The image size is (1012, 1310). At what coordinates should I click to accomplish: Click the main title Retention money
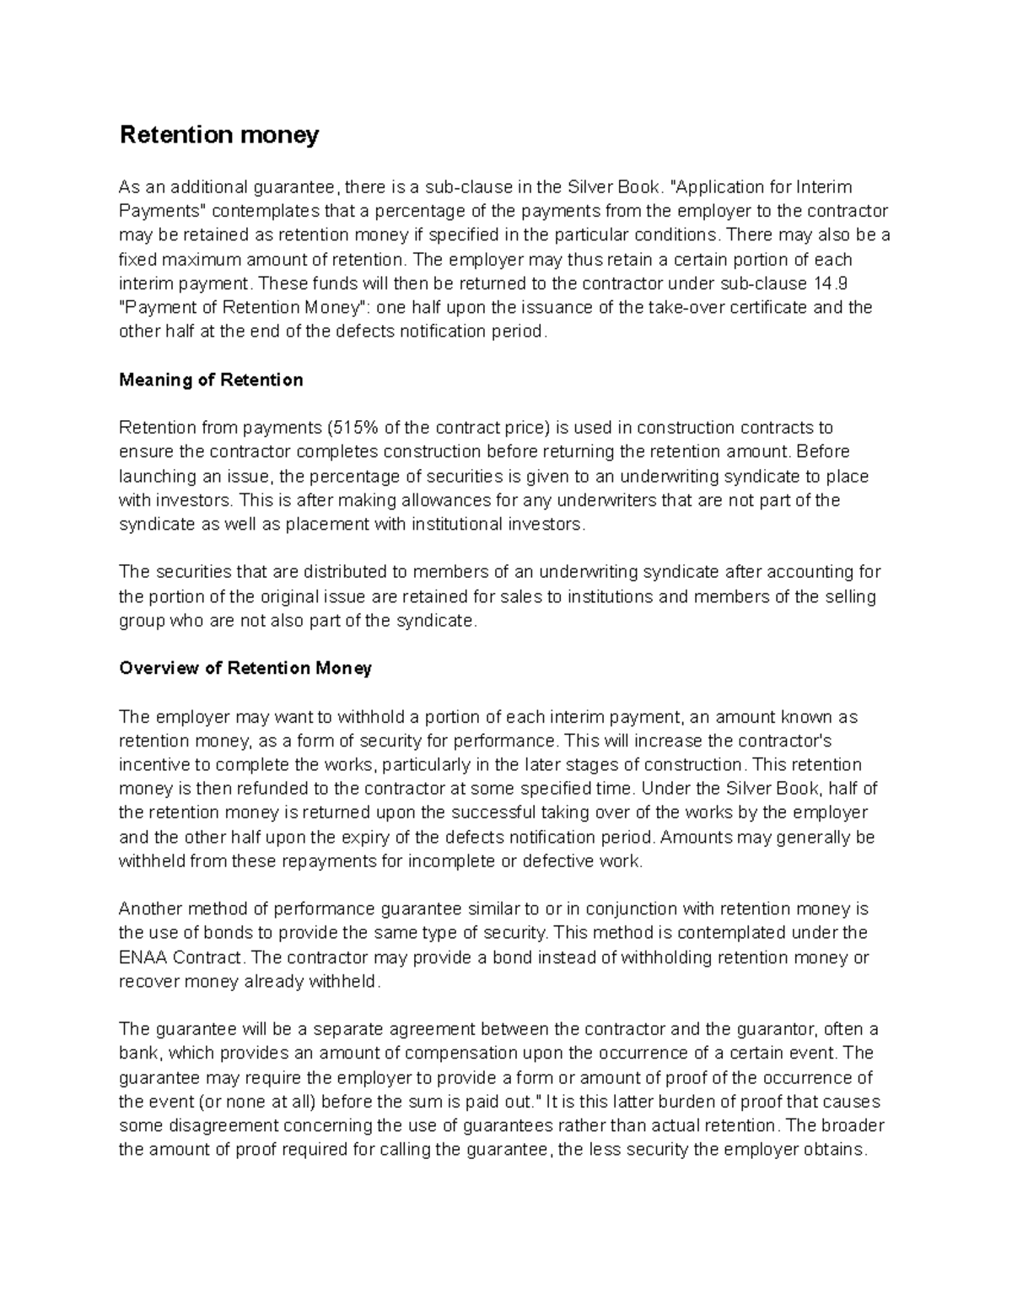pyautogui.click(x=219, y=135)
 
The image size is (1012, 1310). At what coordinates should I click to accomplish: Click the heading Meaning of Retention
pyautogui.click(x=211, y=380)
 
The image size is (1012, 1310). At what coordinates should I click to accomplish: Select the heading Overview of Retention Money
pyautogui.click(x=245, y=668)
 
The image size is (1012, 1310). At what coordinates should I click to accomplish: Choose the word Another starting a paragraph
pyautogui.click(x=148, y=909)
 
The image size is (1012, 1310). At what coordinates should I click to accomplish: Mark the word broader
pyautogui.click(x=852, y=1126)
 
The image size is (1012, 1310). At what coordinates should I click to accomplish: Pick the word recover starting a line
pyautogui.click(x=148, y=982)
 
